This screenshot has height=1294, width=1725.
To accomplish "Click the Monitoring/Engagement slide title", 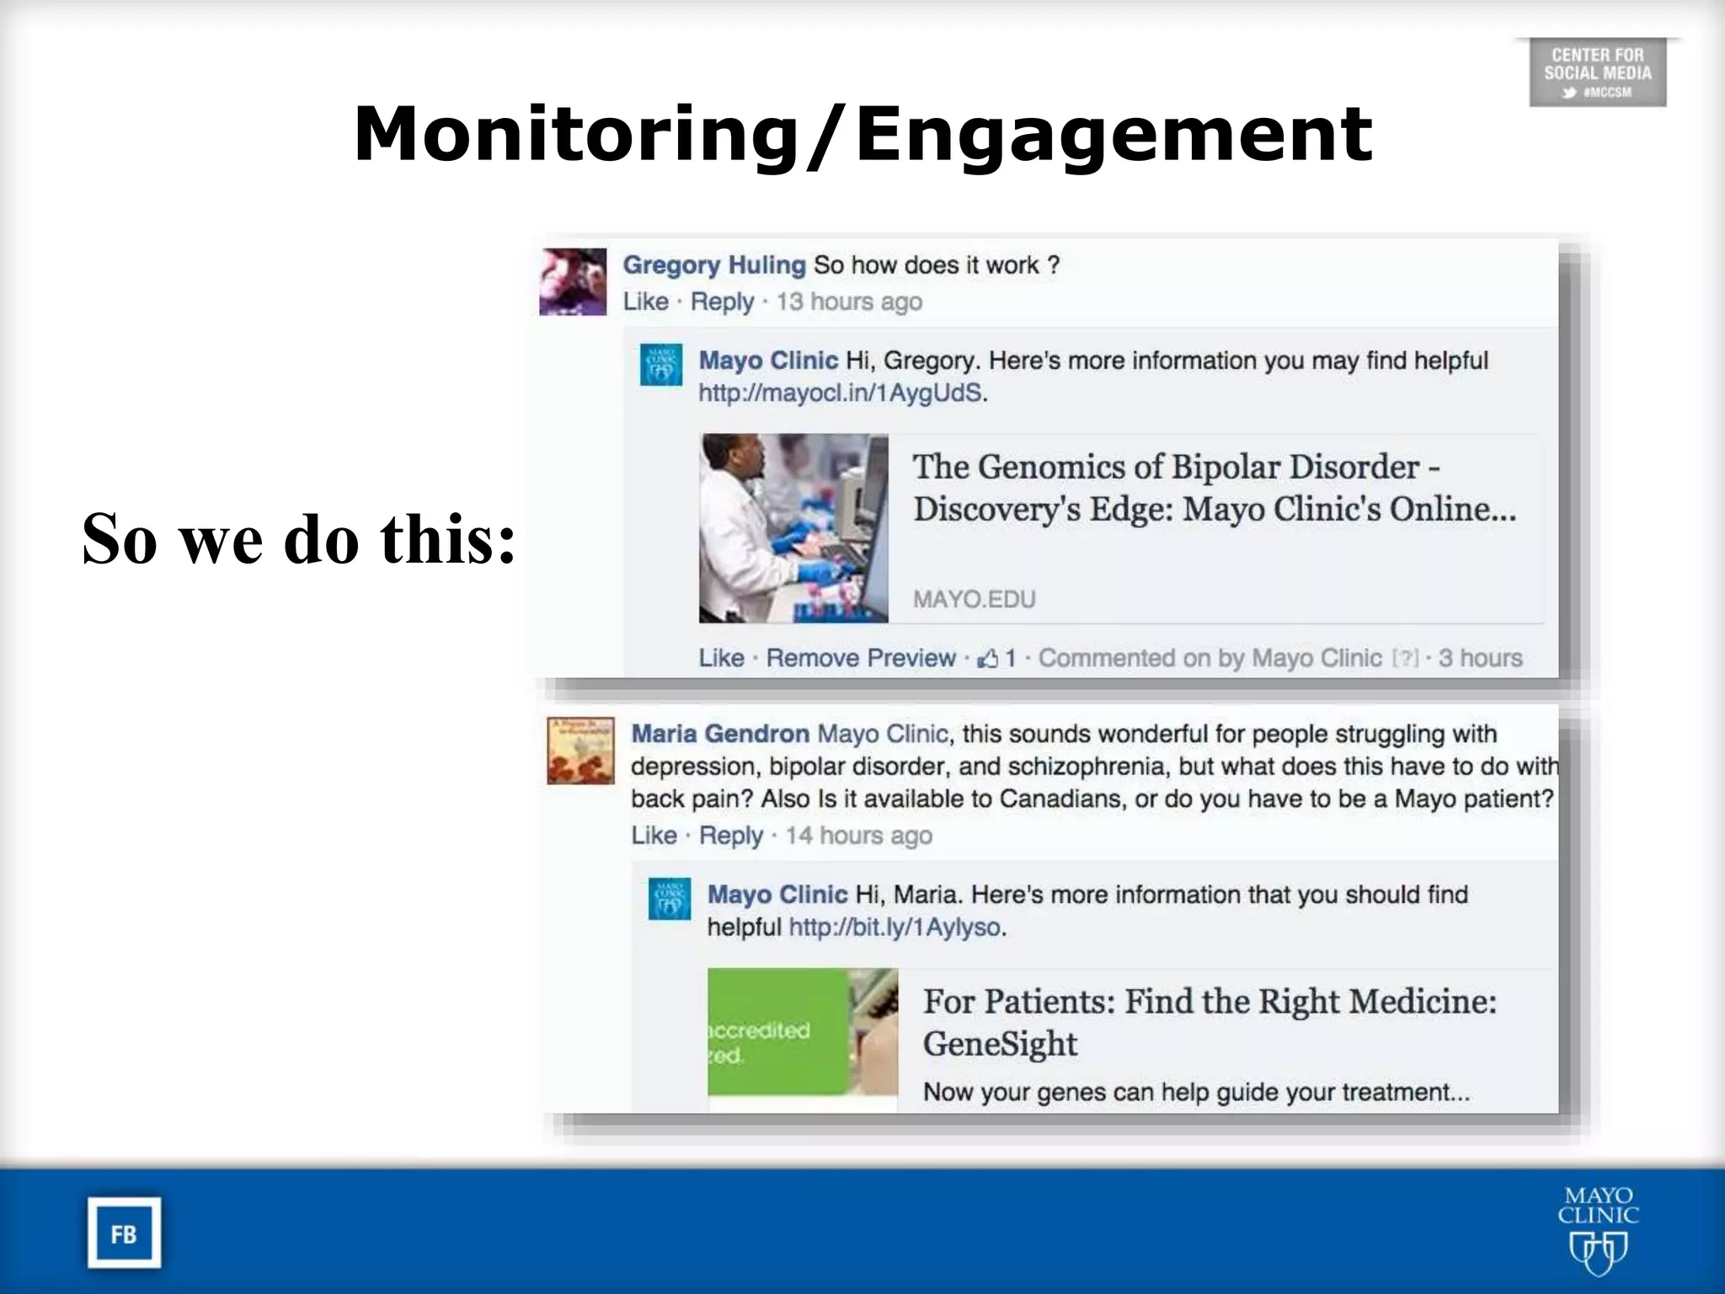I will pos(862,135).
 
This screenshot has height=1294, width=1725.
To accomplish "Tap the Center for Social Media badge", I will pos(1597,72).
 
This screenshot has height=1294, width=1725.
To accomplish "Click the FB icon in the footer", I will pos(124,1233).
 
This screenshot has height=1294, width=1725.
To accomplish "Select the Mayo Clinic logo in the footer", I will pos(1598,1230).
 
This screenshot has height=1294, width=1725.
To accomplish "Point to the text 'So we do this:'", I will pos(298,539).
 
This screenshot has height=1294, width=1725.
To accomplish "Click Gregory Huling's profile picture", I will pos(573,281).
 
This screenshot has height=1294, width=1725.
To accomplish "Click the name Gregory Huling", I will pos(713,265).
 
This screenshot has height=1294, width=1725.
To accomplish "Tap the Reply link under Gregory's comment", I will pos(722,302).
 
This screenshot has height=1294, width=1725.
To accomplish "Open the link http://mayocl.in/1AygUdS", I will pos(840,393).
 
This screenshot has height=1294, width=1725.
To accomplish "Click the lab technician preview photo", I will pos(793,528).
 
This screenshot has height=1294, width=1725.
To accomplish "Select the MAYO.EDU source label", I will pos(974,599).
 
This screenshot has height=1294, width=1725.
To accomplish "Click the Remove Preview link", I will pos(860,658).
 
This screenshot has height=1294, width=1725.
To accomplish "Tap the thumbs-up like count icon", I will pos(987,658).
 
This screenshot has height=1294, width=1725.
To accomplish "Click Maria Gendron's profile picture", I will pos(580,751).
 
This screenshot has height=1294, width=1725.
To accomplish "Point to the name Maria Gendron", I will pos(720,734).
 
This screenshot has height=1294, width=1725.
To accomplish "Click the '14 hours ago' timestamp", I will pos(858,836).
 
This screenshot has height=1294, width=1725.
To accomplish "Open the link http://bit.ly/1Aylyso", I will pos(895,928).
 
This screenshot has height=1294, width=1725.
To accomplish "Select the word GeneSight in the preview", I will pos(999,1044).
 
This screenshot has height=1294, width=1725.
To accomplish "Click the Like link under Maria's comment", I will pos(654,836).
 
